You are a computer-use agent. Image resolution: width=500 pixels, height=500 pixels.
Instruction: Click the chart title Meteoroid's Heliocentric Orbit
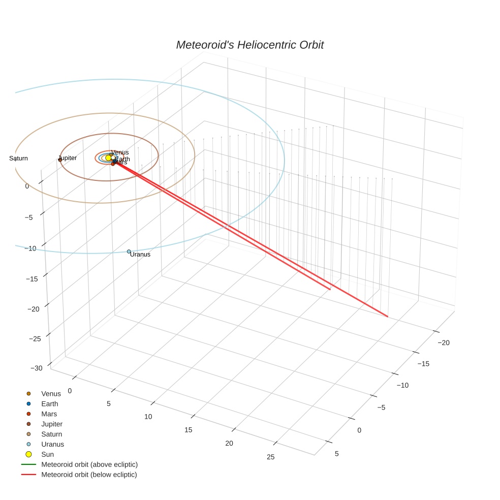pyautogui.click(x=249, y=45)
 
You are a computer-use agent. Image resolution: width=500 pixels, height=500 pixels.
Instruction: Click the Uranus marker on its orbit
pyautogui.click(x=129, y=252)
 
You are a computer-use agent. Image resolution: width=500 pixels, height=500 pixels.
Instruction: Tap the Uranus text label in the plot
pyautogui.click(x=140, y=255)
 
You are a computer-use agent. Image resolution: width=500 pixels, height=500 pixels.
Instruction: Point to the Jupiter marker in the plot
pyautogui.click(x=60, y=160)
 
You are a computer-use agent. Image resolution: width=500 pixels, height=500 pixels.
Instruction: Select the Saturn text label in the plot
pyautogui.click(x=19, y=159)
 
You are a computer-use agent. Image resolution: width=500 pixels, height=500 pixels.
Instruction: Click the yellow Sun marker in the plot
pyautogui.click(x=108, y=158)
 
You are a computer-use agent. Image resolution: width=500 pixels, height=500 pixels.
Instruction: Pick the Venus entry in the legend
pyautogui.click(x=51, y=394)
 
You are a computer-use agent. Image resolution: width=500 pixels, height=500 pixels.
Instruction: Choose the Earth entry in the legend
pyautogui.click(x=49, y=404)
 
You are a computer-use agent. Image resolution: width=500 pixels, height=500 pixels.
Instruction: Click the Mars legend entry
pyautogui.click(x=49, y=414)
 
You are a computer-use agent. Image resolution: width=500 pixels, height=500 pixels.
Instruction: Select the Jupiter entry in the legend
pyautogui.click(x=51, y=424)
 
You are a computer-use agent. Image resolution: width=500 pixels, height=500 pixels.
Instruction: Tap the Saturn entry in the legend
pyautogui.click(x=51, y=434)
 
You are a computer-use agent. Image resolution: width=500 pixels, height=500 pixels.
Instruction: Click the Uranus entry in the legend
pyautogui.click(x=52, y=445)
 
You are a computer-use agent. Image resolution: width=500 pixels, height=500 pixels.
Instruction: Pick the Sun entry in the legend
pyautogui.click(x=47, y=455)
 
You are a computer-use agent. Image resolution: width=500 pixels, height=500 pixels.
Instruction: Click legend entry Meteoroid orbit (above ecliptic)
pyautogui.click(x=89, y=464)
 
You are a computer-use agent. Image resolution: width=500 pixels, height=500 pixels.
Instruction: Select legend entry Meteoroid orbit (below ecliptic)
pyautogui.click(x=89, y=475)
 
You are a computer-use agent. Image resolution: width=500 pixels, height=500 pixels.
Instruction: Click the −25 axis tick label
pyautogui.click(x=35, y=339)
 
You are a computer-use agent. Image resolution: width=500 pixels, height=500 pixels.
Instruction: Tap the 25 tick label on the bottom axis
pyautogui.click(x=270, y=457)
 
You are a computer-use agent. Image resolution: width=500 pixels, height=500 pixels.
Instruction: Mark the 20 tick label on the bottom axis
pyautogui.click(x=229, y=443)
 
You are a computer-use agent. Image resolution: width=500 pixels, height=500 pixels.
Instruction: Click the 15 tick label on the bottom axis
pyautogui.click(x=189, y=430)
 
